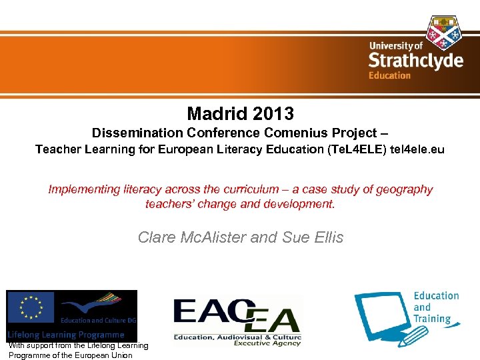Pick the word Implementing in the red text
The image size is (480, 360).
tap(82, 190)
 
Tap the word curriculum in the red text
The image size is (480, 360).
tap(264, 190)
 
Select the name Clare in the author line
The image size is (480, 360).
tap(157, 237)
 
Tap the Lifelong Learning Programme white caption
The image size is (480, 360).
tap(66, 335)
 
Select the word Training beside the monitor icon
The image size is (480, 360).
tap(432, 319)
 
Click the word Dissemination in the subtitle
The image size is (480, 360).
tap(137, 133)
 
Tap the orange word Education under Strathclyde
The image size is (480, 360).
tap(389, 75)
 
